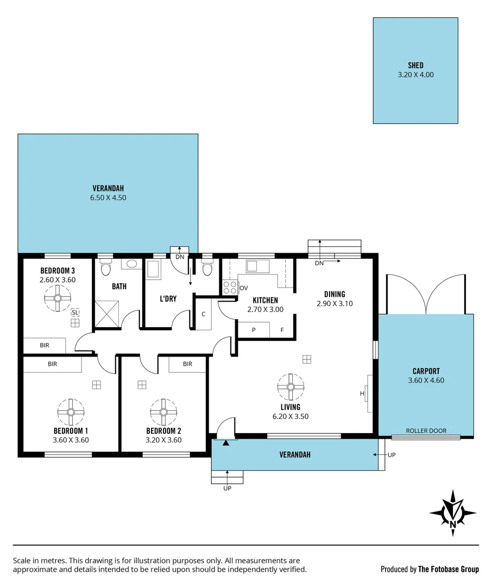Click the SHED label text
(415, 65)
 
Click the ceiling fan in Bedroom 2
(163, 412)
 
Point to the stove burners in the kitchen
(230, 287)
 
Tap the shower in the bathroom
(108, 314)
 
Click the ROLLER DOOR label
(426, 430)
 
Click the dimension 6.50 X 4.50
(108, 198)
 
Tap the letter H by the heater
(362, 394)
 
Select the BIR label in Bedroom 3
(45, 345)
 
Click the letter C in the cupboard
(204, 314)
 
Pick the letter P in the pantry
(254, 330)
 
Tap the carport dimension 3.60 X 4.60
(426, 380)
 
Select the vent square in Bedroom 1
(97, 384)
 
